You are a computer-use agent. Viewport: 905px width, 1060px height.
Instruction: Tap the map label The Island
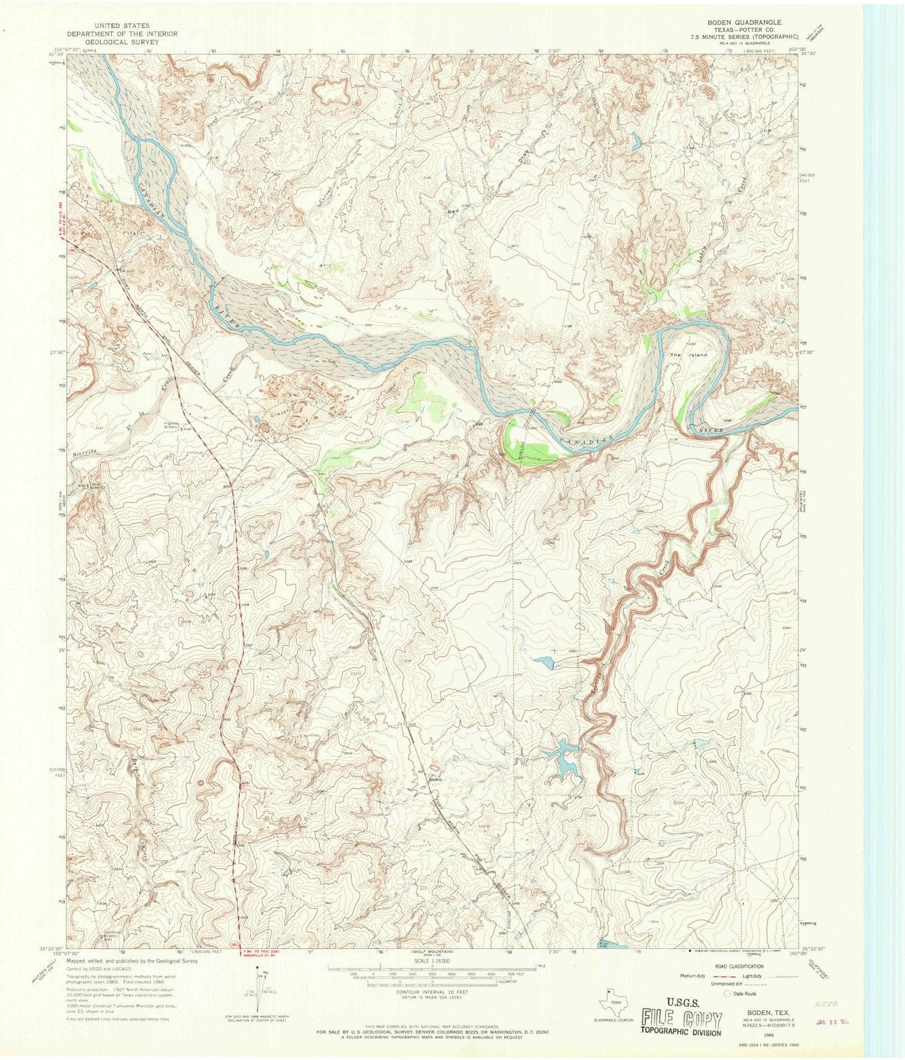point(688,355)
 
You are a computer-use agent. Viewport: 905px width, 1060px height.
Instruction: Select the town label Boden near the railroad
point(435,780)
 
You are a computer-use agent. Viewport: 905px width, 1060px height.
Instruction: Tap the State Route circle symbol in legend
point(727,994)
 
